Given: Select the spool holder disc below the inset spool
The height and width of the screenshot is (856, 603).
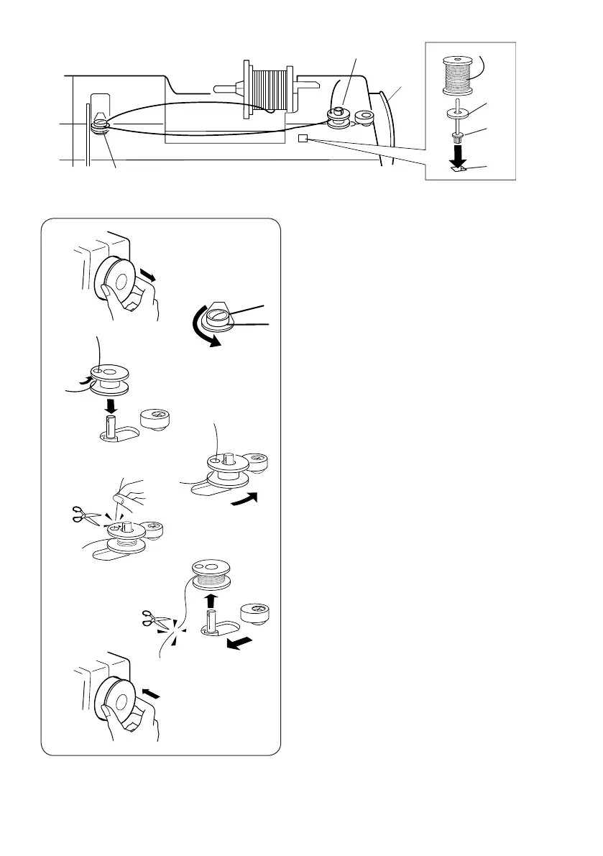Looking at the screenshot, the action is pos(458,112).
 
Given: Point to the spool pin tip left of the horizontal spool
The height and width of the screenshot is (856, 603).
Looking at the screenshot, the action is pos(217,90).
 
